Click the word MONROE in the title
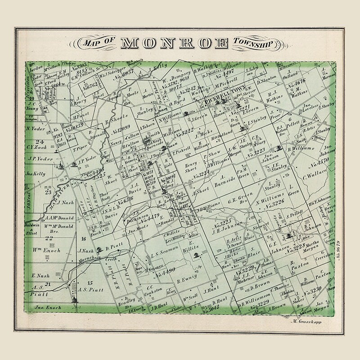pos(175,43)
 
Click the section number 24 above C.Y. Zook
pos(33,140)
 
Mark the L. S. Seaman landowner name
pos(160,256)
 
